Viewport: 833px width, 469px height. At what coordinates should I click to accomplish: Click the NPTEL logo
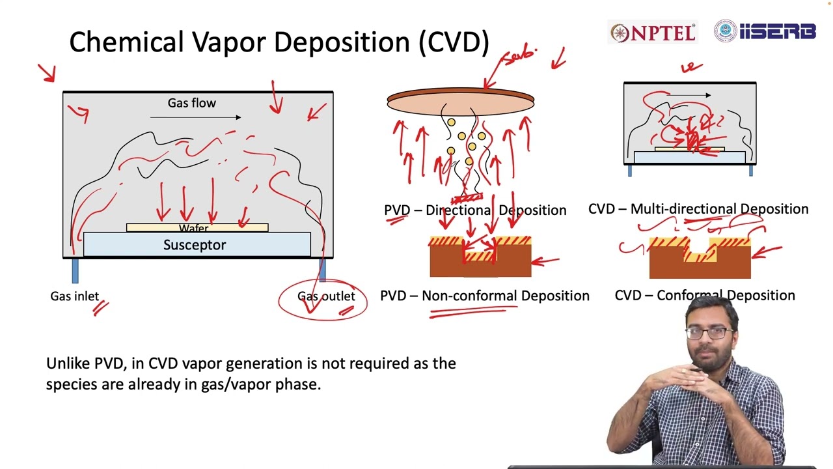point(653,33)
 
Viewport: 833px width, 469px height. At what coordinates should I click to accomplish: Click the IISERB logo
point(765,31)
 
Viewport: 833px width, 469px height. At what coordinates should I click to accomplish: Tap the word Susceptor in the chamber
point(195,245)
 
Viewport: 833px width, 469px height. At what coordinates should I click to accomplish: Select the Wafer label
point(194,229)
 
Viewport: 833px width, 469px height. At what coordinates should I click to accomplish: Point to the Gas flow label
point(191,103)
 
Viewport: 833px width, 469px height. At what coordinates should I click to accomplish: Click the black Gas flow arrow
point(195,117)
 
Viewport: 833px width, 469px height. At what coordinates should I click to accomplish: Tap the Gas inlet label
point(74,296)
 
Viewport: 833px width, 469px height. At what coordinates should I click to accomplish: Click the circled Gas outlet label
point(326,296)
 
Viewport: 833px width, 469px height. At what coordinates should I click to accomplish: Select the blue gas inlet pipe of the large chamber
point(75,270)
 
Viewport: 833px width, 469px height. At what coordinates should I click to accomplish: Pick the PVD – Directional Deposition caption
point(475,210)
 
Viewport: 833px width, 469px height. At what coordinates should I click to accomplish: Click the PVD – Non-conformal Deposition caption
point(484,296)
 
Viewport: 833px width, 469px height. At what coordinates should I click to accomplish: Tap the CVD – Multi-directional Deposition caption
point(698,209)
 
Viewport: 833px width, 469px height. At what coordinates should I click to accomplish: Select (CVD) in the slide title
point(454,42)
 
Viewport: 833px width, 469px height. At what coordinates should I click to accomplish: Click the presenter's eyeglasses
point(709,332)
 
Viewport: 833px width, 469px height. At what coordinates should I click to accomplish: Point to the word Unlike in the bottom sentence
point(68,363)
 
